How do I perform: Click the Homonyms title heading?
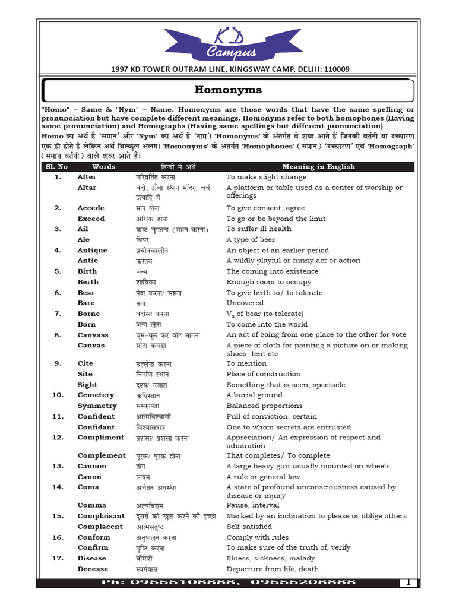[228, 90]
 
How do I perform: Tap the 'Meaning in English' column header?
[318, 167]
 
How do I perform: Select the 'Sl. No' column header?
[57, 167]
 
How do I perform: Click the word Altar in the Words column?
[87, 188]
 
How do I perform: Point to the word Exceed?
[91, 218]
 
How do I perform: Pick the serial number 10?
[58, 395]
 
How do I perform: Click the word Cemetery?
[96, 395]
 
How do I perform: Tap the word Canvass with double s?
[93, 335]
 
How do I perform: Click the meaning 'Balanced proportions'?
[264, 406]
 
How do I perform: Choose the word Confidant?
[96, 427]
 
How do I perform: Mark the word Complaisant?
[101, 516]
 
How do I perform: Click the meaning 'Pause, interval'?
[253, 505]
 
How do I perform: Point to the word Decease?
[93, 569]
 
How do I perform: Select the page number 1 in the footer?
[408, 582]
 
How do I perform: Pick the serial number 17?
[58, 558]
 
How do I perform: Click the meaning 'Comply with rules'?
[258, 537]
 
